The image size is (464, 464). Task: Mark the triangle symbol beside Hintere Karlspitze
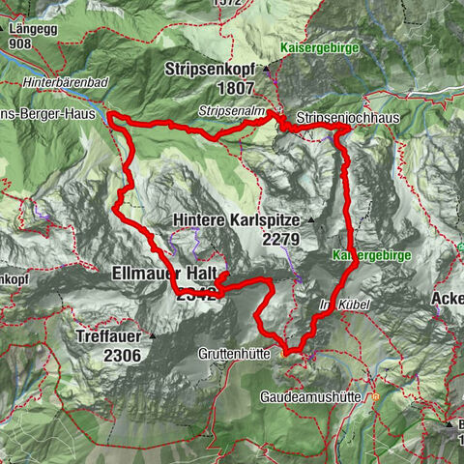311,220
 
